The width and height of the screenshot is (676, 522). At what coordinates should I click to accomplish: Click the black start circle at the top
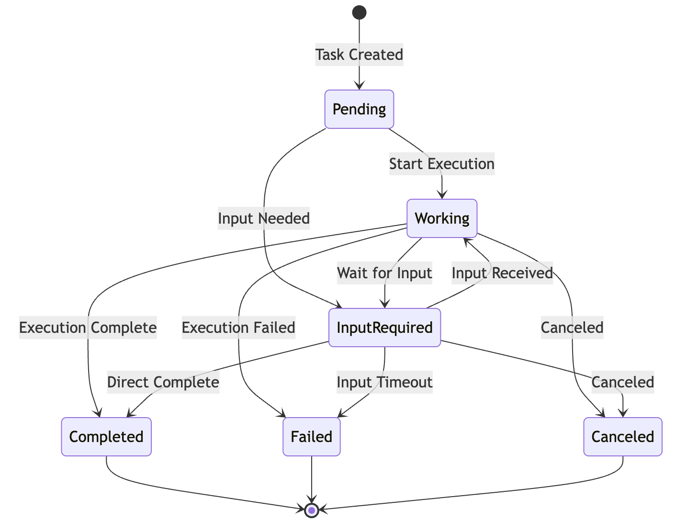(x=359, y=12)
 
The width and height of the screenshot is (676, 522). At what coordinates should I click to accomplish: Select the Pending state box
(x=359, y=109)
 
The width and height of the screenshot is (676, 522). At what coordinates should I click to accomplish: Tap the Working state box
(x=442, y=218)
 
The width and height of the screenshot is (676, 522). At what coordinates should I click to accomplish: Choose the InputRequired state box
(x=384, y=328)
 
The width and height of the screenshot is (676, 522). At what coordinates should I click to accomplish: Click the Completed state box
(x=106, y=437)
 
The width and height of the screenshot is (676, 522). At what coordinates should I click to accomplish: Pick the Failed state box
(x=312, y=437)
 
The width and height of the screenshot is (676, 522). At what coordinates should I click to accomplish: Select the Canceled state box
(x=623, y=437)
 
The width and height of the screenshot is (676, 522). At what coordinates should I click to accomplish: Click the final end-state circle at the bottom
(x=312, y=510)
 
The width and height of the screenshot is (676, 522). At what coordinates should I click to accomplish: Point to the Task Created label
(x=359, y=55)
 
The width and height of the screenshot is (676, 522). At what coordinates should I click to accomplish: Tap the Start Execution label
(x=441, y=164)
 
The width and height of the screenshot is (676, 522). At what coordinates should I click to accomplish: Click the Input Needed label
(x=264, y=218)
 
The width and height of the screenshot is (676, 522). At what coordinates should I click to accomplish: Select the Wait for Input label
(x=384, y=273)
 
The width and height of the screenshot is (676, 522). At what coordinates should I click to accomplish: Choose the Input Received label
(x=502, y=273)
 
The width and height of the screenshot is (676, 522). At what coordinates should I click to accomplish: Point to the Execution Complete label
(x=88, y=328)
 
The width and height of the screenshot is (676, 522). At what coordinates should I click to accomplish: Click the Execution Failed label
(x=238, y=328)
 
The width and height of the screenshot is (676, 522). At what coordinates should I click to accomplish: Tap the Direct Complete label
(x=163, y=382)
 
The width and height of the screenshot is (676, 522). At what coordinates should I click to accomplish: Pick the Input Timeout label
(x=384, y=382)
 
